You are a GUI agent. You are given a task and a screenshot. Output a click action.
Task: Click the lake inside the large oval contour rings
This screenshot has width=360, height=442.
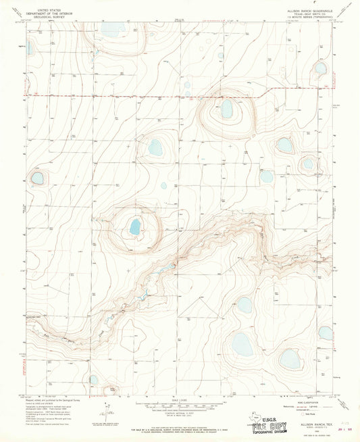click(226, 109)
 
